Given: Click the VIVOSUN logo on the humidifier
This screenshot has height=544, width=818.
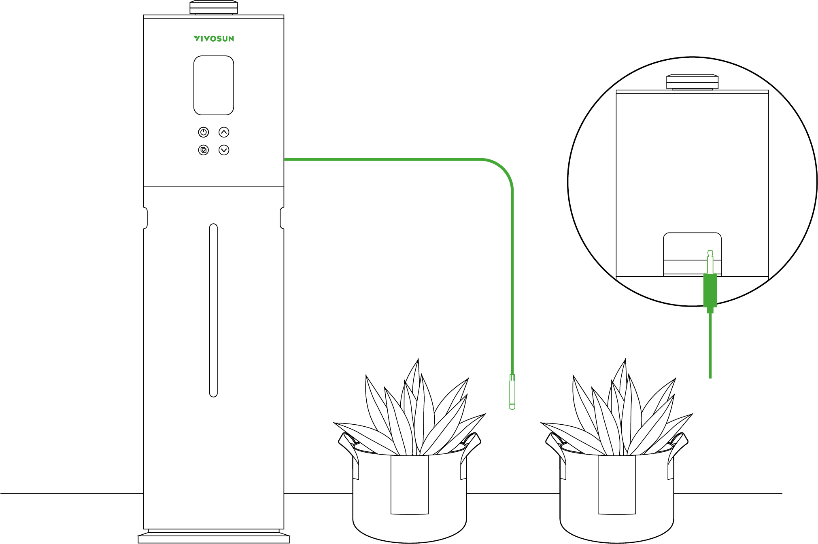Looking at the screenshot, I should coord(214,39).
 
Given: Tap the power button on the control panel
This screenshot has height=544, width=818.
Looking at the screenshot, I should coord(204,132).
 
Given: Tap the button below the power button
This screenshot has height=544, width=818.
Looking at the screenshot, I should coord(204,150).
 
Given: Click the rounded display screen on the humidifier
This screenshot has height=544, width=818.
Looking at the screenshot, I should coord(214,85).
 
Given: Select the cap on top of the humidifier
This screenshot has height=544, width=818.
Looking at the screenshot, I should coord(214,7).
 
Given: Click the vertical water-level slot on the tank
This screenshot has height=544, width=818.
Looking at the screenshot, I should coord(214,310).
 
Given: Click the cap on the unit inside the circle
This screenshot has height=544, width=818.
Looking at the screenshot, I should coord(692,81).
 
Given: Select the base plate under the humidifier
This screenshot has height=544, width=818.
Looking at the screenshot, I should coord(214,538).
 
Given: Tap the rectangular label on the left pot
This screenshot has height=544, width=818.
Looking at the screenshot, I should coord(410,485).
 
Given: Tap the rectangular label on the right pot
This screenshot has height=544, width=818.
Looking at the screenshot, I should coord(617,485).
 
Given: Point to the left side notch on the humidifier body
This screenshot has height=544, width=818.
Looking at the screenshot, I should coord(146,218).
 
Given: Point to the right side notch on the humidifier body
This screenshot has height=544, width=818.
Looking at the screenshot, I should coord(282,218).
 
